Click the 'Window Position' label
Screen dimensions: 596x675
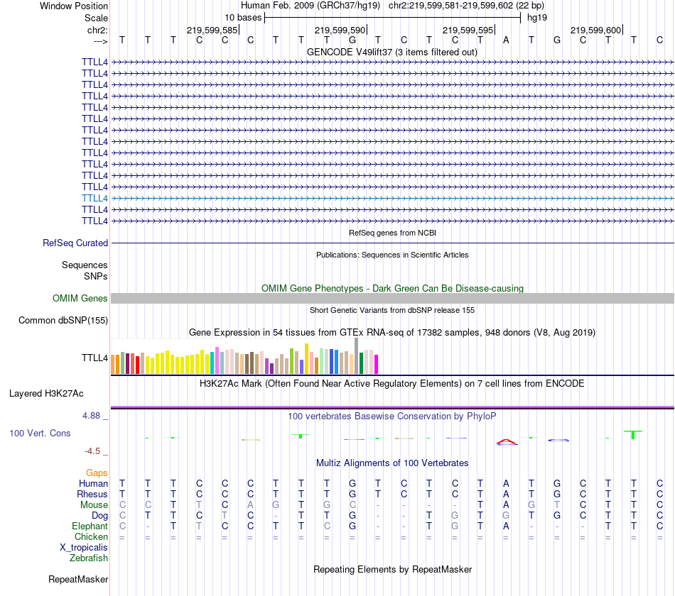74,6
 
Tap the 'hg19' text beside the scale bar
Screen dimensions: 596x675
536,18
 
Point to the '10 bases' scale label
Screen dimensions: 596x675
243,18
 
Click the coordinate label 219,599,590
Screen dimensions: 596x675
340,31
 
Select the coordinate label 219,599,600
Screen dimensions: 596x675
595,31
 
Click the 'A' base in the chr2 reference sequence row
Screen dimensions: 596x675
506,40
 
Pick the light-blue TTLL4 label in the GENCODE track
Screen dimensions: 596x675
95,198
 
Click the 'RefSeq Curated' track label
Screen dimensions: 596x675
75,243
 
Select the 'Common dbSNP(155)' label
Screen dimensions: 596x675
63,321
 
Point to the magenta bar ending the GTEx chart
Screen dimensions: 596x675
376,364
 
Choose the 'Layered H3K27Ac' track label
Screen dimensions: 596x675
46,393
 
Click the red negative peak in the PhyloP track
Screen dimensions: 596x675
506,442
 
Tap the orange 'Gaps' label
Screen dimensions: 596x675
97,473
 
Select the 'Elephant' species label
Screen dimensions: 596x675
90,526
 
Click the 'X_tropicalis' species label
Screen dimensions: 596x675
84,548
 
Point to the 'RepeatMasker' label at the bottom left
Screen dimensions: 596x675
78,580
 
